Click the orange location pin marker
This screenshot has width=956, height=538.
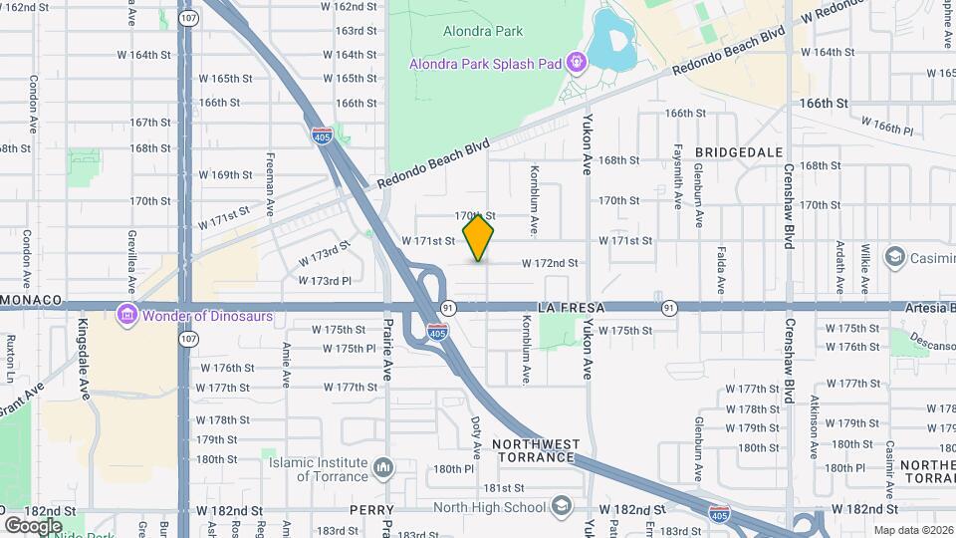479,237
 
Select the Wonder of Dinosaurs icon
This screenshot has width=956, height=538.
126,316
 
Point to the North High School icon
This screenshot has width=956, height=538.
562,506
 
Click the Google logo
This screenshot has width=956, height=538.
33,525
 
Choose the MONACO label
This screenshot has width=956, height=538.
32,300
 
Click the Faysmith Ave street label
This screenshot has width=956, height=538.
676,178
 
